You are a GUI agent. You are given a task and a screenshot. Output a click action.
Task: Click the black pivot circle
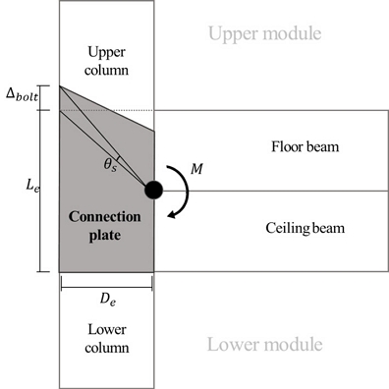coord(154,191)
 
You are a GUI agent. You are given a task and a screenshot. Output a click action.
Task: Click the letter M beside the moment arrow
coord(196,170)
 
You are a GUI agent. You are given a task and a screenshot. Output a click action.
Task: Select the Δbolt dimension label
coord(20,95)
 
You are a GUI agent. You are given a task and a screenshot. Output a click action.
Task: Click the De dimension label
coord(106,299)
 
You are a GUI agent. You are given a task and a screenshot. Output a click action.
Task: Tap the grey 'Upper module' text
coord(263,35)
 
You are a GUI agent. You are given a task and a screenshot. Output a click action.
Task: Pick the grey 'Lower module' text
coord(263,346)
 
